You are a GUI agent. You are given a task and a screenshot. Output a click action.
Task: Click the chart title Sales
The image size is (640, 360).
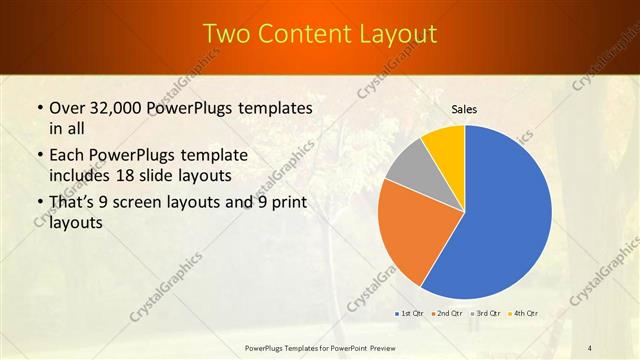[464, 108]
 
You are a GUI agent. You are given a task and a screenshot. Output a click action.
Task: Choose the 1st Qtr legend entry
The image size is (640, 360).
[412, 314]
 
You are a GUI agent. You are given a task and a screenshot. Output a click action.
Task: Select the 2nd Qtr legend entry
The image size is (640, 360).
[449, 314]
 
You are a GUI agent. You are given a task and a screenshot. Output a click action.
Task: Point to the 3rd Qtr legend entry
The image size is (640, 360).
[487, 314]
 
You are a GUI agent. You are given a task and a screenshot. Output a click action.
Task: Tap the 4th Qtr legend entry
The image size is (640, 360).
[524, 314]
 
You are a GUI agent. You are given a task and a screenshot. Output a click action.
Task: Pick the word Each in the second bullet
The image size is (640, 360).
[68, 156]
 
